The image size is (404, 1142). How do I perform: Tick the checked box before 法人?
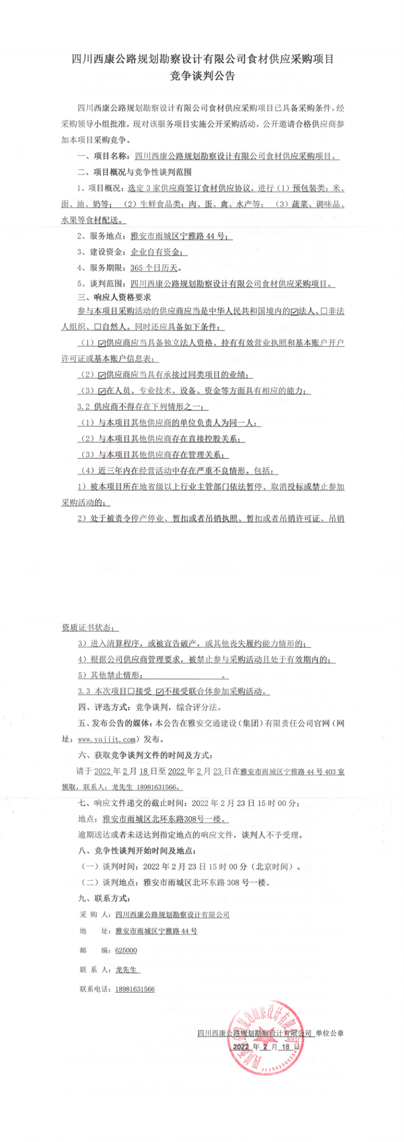click(x=295, y=312)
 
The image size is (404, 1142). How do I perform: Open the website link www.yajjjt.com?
click(x=107, y=739)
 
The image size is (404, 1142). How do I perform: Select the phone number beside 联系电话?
click(x=135, y=989)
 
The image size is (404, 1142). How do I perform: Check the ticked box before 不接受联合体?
click(x=160, y=692)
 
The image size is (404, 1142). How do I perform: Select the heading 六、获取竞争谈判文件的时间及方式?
click(x=145, y=755)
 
